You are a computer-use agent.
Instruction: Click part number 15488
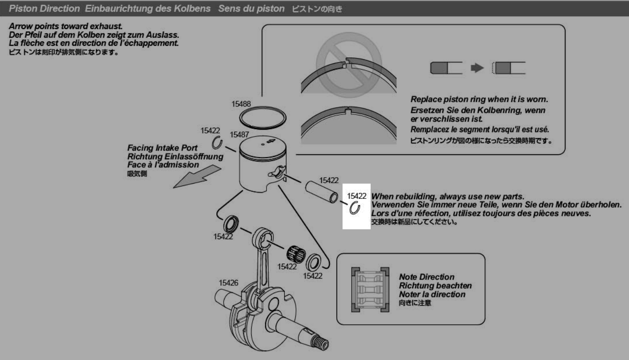pos(241,104)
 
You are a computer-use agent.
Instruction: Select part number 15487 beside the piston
pos(239,135)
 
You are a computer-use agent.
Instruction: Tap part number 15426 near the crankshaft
pos(228,283)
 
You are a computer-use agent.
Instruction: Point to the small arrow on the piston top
pos(271,141)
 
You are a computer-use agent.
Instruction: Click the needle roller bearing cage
pos(296,254)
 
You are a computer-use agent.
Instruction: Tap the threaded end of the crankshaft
pos(320,343)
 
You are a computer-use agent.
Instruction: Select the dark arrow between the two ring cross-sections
pos(477,68)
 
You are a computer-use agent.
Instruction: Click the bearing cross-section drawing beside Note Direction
pos(370,289)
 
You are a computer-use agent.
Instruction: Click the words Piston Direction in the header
pos(44,9)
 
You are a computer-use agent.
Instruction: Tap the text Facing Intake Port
pos(162,148)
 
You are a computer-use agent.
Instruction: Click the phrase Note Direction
pos(427,277)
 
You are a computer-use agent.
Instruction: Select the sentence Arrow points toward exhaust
pos(66,26)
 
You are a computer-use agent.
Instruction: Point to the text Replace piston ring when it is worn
pos(479,99)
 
